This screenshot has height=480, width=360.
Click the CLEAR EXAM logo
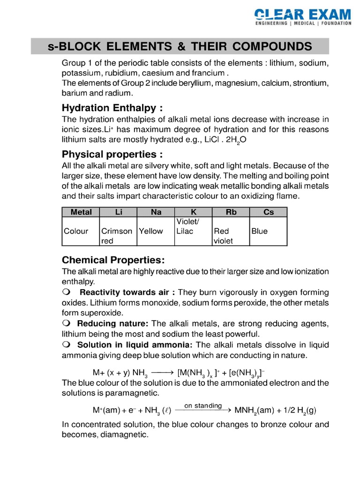[x=303, y=16]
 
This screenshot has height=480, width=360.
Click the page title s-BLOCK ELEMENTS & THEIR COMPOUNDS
[x=180, y=46]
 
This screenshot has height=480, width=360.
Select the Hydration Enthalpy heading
[x=112, y=108]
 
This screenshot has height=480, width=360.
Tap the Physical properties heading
[x=112, y=154]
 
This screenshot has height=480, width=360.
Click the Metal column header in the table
[x=81, y=212]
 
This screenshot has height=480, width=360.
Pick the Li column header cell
[x=118, y=212]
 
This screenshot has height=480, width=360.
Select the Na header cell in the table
[x=156, y=212]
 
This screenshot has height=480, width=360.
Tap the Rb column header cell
[x=231, y=212]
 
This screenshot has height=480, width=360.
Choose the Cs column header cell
[x=269, y=212]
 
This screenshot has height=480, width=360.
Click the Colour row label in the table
[x=76, y=231]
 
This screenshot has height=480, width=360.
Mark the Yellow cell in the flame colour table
[x=151, y=231]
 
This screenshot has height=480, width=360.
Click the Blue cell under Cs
[x=260, y=231]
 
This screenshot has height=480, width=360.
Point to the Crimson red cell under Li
[x=117, y=236]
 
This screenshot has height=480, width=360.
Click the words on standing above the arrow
[x=203, y=405]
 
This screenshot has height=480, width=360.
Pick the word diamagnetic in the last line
[x=123, y=435]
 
